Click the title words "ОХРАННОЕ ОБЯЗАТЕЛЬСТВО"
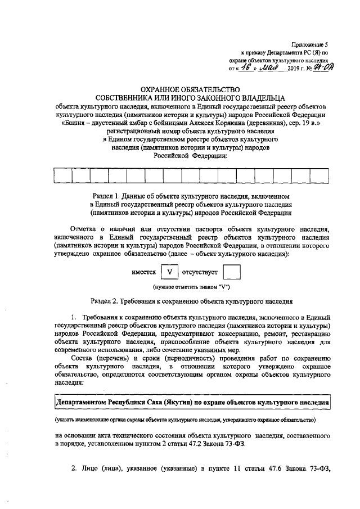click(179, 89)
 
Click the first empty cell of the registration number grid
click(64, 175)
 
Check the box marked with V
click(169, 273)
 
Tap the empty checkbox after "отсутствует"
click(231, 273)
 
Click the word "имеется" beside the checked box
click(143, 273)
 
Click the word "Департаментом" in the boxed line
click(84, 403)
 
